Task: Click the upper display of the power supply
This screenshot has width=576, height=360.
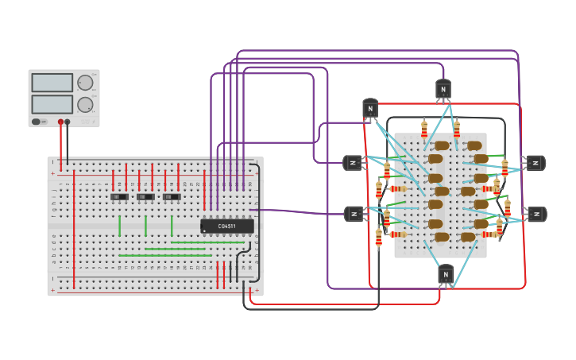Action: [52, 83]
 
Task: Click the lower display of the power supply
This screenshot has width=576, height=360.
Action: [52, 104]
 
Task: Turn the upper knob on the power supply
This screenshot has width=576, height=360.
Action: [84, 83]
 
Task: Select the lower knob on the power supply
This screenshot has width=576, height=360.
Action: [84, 105]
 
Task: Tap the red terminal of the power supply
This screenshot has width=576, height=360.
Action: [60, 122]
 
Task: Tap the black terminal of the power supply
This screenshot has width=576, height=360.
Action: [68, 122]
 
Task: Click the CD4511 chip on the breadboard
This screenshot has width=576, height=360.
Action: [227, 226]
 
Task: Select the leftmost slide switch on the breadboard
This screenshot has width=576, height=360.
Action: [119, 196]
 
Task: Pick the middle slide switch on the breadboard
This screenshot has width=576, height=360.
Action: [145, 196]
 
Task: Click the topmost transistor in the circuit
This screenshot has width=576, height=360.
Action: [443, 89]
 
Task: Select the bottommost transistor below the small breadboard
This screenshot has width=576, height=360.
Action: [446, 274]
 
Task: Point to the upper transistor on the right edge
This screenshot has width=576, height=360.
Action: [535, 163]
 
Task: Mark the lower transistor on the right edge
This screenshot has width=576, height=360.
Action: [537, 214]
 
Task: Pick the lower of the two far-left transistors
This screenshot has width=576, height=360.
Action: [353, 213]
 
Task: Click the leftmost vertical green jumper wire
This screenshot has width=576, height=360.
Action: [120, 226]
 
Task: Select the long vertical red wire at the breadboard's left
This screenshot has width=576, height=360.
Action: [74, 230]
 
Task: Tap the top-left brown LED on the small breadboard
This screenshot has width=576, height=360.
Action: [442, 145]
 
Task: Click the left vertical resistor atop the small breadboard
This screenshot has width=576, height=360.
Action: [424, 129]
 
